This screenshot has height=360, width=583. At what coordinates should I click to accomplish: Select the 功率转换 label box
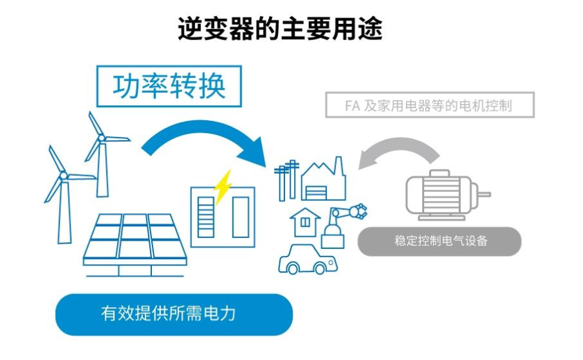click(169, 86)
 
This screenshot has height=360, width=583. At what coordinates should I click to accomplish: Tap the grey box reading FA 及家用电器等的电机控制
click(430, 105)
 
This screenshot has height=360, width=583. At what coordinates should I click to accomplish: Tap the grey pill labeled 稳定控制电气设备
click(440, 241)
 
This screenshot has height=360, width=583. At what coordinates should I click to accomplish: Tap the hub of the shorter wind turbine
click(63, 175)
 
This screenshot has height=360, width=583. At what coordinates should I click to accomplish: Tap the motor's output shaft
click(484, 193)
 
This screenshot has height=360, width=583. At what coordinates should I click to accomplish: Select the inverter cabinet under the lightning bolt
click(222, 215)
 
